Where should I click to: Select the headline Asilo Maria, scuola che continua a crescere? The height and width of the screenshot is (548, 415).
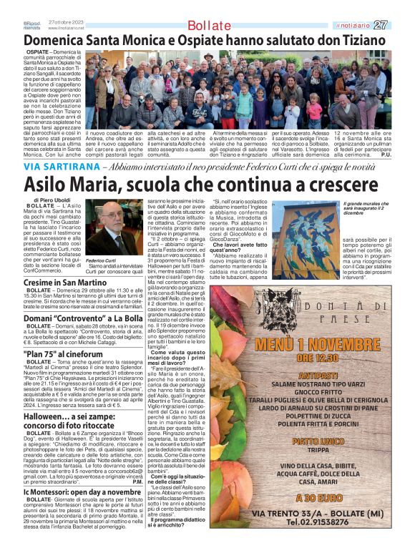pyautogui.click(x=189, y=184)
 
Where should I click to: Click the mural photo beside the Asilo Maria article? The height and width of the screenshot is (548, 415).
pyautogui.click(x=306, y=230)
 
